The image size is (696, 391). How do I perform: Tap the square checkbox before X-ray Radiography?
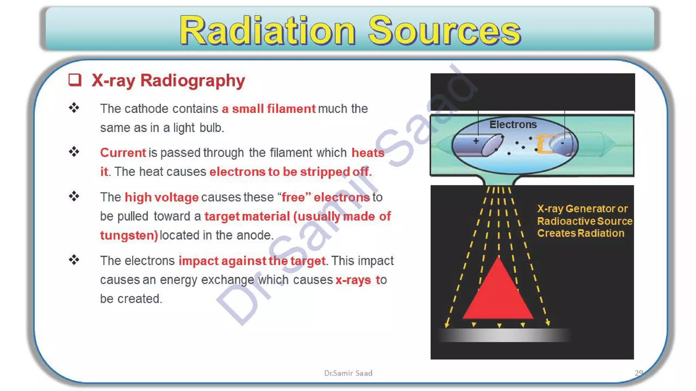pos(75,80)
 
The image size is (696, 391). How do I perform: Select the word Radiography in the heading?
pos(192,81)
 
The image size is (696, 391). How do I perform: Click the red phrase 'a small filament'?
pos(268,109)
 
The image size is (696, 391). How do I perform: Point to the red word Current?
pos(123,153)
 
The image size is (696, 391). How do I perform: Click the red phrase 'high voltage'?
pos(161,197)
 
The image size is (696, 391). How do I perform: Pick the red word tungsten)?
pos(129,235)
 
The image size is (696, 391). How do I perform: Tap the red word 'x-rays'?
pos(353,280)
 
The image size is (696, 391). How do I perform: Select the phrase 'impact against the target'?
pos(252,261)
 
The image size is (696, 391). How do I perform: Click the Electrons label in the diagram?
pos(513,125)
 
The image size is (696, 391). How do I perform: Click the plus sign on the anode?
pos(476,141)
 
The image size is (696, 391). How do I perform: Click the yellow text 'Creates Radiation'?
pos(580,234)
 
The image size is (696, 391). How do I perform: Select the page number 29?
pos(639,373)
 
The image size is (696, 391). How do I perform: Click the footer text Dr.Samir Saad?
pos(348,373)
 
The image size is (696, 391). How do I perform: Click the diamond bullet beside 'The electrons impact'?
pos(74,260)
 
